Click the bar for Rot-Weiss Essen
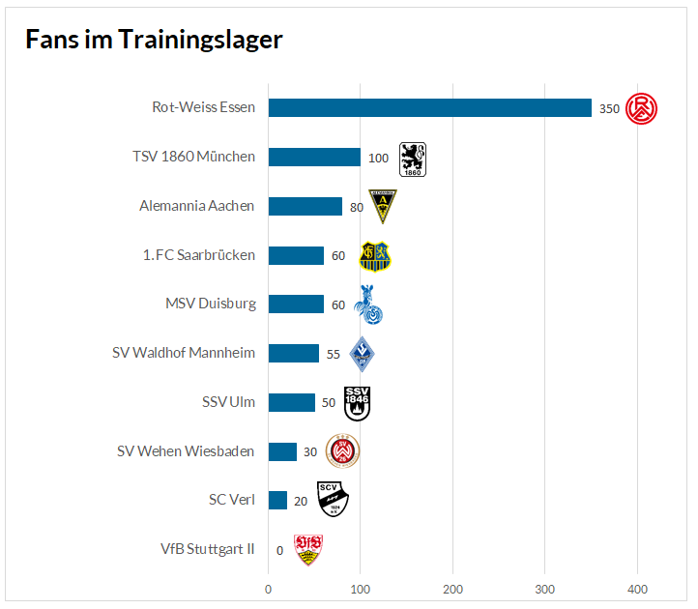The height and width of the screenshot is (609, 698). [429, 107]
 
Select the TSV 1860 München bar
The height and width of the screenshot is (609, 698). [314, 157]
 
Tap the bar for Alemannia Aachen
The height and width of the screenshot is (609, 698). [305, 206]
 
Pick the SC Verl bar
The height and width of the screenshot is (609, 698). [277, 500]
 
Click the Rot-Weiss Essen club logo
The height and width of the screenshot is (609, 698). [641, 108]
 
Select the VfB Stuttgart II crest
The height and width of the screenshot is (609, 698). [308, 549]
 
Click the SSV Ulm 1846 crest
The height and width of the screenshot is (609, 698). [357, 402]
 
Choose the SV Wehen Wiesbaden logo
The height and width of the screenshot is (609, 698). [342, 451]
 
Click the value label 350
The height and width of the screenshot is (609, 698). [609, 109]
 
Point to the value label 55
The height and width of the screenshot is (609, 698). [334, 355]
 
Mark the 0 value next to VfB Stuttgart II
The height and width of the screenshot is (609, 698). [279, 550]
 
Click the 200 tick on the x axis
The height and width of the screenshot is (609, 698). [452, 588]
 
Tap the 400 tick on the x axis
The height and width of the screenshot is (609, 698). [637, 588]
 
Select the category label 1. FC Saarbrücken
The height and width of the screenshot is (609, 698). [198, 255]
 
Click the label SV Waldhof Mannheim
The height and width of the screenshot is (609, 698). [184, 353]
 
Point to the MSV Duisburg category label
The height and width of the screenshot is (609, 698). [211, 304]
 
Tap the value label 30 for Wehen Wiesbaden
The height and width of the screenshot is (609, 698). [310, 452]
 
